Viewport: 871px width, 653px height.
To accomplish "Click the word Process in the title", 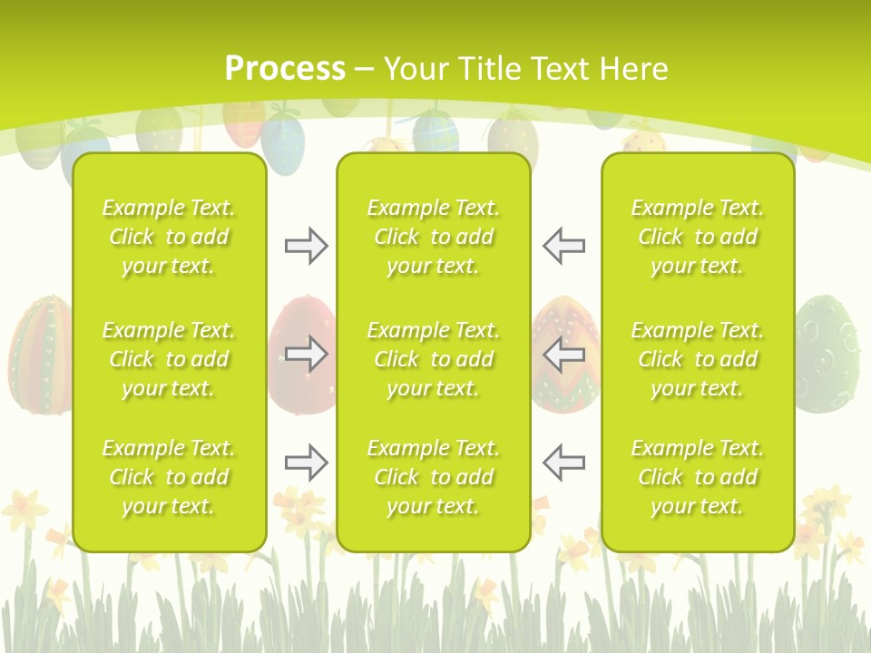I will pos(285,69).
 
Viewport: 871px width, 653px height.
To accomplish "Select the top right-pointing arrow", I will pos(306,246).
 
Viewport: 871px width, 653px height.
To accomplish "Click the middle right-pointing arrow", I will pos(306,354).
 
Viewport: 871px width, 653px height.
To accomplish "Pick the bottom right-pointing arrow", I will pos(306,463).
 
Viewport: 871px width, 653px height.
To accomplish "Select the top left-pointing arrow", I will pos(563,246).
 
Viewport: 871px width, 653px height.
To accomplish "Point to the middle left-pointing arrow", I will pos(563,354).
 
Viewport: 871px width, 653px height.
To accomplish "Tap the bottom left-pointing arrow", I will pos(563,463).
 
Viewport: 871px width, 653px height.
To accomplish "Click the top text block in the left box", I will pos(169,237).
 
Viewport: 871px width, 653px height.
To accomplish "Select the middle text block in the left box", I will pos(169,359).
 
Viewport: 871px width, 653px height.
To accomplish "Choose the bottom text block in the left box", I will pos(169,477).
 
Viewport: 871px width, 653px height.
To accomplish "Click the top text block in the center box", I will pos(433,237).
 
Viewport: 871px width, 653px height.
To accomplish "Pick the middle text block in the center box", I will pos(433,359).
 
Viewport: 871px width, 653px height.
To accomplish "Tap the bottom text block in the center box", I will pos(433,477).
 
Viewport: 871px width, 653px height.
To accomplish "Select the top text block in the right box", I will pos(697,237).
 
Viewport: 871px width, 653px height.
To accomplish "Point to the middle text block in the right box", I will pos(697,359).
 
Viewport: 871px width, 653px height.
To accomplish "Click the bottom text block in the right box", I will pos(697,477).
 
